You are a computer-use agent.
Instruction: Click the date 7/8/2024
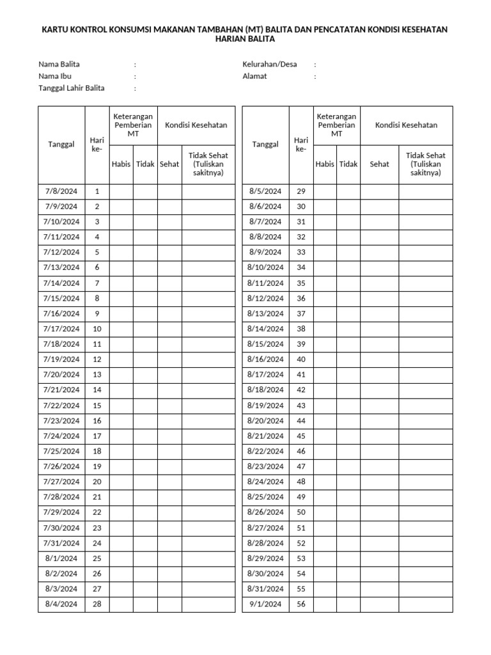coord(61,191)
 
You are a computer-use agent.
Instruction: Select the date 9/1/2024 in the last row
coord(265,604)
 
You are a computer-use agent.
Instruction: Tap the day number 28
coord(97,604)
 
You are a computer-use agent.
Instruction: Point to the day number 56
coord(302,604)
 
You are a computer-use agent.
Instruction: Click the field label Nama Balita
coord(59,65)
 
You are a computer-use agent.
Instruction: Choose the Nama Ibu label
coord(55,76)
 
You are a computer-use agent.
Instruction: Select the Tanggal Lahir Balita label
coord(72,88)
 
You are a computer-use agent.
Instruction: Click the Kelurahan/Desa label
coord(270,65)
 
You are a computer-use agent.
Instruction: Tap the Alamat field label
coord(255,76)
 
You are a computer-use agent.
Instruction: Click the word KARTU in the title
coord(56,29)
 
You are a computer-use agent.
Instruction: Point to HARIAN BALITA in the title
coord(245,40)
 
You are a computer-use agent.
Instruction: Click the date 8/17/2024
coord(265,375)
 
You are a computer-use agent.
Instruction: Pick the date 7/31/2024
coord(61,543)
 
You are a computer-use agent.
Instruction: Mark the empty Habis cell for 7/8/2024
coord(121,191)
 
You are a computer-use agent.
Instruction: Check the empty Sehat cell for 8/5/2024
coord(380,191)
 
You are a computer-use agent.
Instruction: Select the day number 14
coord(97,390)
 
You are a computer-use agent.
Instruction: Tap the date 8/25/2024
coord(265,497)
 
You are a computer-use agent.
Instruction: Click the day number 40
coord(302,359)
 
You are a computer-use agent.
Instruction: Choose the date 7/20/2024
coord(61,375)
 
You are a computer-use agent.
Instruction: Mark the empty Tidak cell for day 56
coord(348,604)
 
